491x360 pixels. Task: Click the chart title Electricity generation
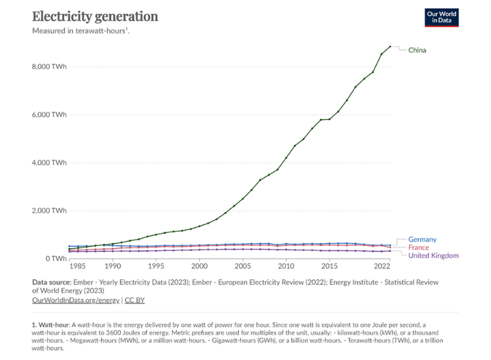tap(95, 16)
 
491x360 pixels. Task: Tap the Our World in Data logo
tap(441, 17)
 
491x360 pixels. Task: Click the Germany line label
tap(422, 240)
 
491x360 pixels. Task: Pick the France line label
tap(418, 247)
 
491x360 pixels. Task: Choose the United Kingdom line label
tap(433, 256)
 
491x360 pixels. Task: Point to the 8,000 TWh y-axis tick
tap(50, 66)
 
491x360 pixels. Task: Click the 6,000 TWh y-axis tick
tap(50, 115)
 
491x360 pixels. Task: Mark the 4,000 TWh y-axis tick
tap(50, 162)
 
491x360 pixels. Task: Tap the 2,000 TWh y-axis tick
tap(50, 211)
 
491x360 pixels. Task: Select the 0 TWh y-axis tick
tap(55, 259)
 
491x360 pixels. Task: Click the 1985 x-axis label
tap(77, 267)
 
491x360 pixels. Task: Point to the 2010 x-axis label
tap(286, 267)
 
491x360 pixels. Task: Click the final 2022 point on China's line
tap(390, 46)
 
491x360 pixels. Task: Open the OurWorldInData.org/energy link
tap(75, 300)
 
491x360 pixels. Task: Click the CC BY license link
tap(135, 300)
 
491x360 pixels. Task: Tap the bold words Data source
tap(54, 282)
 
